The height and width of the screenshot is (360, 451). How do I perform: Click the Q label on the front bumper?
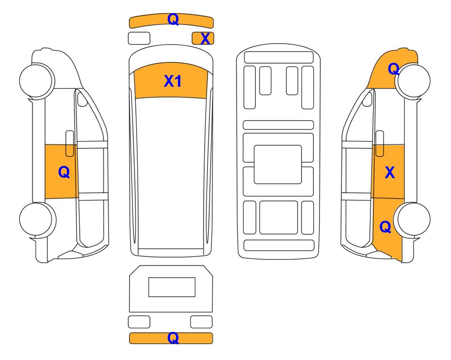click(x=173, y=19)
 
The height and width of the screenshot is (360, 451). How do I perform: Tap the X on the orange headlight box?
click(x=205, y=38)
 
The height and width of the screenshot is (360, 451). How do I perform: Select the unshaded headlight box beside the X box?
click(x=139, y=38)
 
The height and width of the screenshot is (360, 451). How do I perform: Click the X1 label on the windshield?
click(x=172, y=81)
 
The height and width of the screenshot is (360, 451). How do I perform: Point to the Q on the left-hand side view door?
click(x=64, y=172)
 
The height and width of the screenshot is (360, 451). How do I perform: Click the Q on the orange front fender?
click(x=393, y=69)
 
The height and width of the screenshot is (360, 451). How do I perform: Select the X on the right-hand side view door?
click(x=390, y=172)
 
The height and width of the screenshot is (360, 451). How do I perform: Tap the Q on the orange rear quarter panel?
click(x=385, y=227)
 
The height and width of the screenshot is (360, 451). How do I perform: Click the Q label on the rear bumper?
click(x=173, y=338)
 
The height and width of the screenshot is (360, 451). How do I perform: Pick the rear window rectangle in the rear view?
click(x=172, y=287)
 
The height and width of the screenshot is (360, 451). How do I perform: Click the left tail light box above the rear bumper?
click(x=139, y=322)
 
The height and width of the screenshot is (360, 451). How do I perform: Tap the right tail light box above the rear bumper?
click(x=201, y=322)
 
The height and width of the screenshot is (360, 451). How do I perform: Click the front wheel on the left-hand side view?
click(x=37, y=80)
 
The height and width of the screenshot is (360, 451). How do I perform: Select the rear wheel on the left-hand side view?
click(x=37, y=219)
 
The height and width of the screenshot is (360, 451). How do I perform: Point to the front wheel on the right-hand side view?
click(x=413, y=81)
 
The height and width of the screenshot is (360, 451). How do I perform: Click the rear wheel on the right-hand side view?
click(x=412, y=219)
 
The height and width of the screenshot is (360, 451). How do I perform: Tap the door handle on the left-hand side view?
click(x=70, y=143)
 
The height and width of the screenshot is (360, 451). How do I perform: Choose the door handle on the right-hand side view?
click(x=380, y=143)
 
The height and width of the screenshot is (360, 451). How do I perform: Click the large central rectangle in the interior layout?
click(x=278, y=165)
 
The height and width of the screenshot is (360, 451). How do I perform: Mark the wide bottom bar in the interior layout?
click(x=279, y=245)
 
